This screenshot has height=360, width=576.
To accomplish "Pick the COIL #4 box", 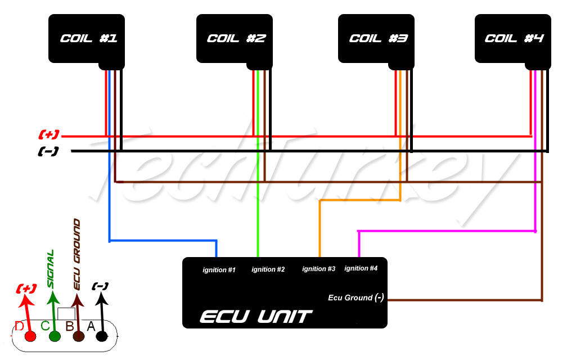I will (512, 38).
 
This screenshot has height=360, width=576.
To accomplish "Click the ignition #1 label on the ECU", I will (219, 271).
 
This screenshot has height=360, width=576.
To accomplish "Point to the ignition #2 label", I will (268, 270).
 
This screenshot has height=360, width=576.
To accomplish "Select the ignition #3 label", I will (318, 269).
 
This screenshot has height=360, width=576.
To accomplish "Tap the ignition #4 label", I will (361, 269).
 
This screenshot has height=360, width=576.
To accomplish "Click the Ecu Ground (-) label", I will (355, 298).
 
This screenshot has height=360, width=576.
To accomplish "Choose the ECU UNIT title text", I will (255, 317).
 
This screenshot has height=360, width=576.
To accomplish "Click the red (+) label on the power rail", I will (49, 135).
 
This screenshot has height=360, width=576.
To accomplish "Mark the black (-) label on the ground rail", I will (48, 151).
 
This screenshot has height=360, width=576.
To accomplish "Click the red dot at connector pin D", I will (30, 336).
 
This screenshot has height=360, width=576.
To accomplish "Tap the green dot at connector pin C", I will (55, 336).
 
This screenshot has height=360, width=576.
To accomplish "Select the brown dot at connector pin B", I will (78, 336).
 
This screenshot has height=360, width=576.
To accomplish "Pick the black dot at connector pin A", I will (102, 336).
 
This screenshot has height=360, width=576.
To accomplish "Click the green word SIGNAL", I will (51, 269).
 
